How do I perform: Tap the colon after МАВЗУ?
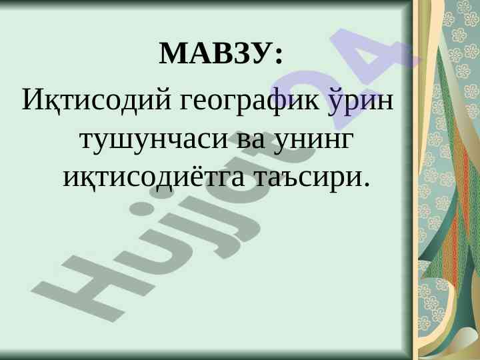point(278,55)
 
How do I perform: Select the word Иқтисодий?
point(97,100)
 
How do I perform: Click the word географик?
point(249,102)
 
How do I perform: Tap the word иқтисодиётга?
point(154,177)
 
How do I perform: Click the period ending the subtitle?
point(364,184)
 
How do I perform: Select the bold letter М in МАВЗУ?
point(173,53)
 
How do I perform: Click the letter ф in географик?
point(281,101)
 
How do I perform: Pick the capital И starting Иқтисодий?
point(33,99)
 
